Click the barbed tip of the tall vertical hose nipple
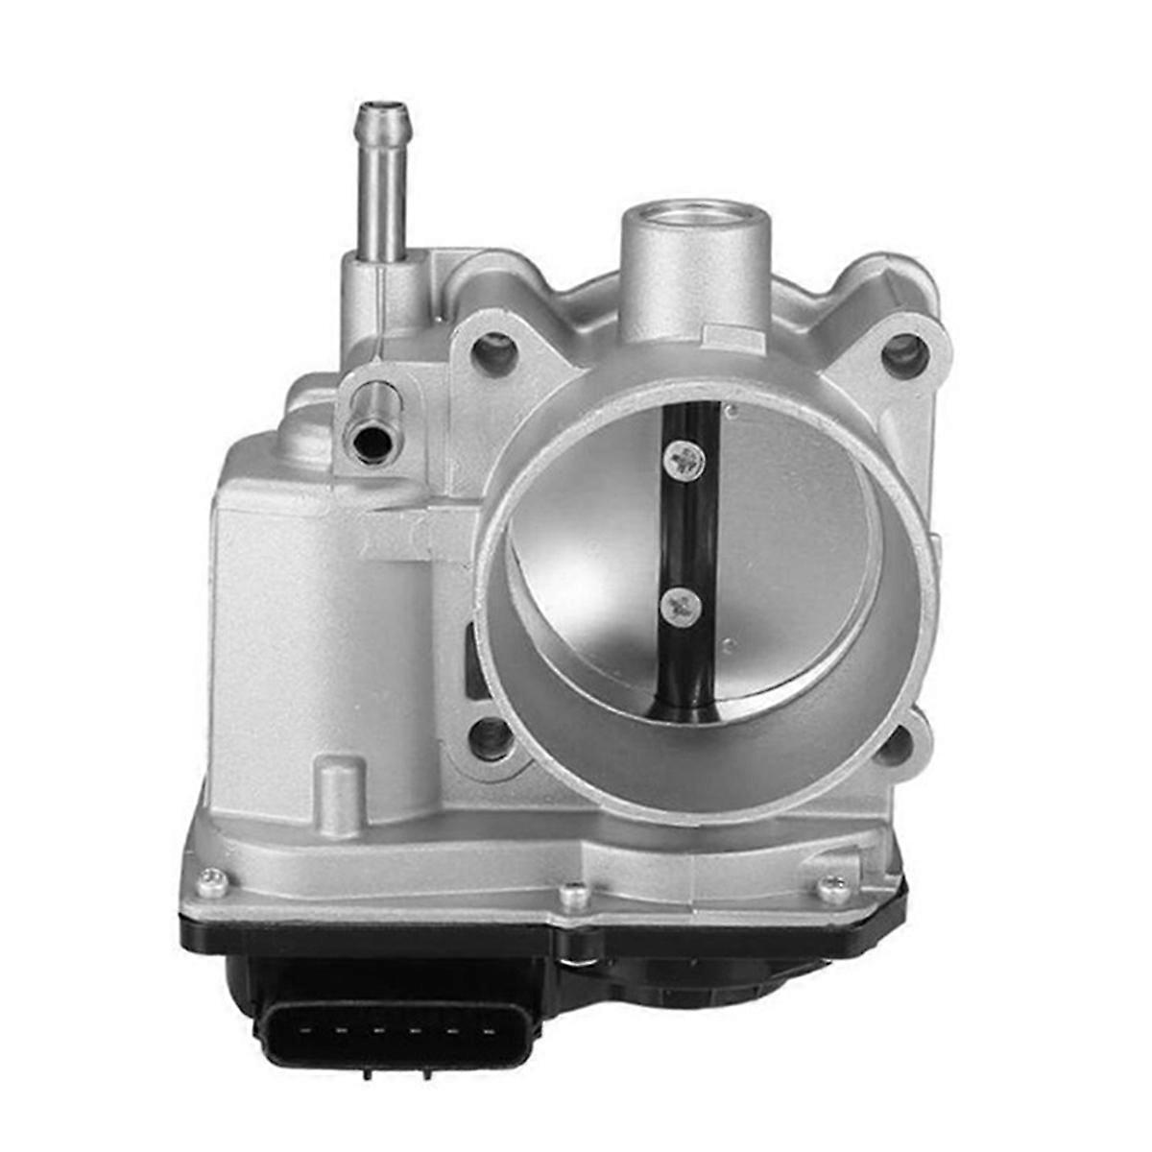[x=383, y=120]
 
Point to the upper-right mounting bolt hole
[x=903, y=356]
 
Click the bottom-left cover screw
[x=212, y=881]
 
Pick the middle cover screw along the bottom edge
[x=573, y=896]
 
